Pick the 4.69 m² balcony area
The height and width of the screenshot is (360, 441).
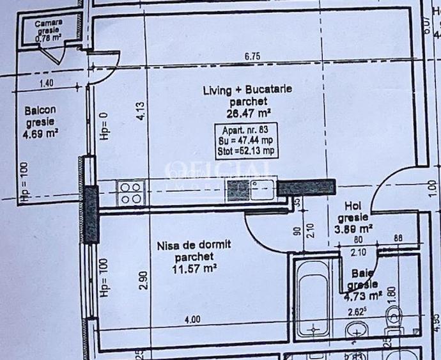click(41, 133)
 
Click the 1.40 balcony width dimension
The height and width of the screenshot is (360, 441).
click(45, 82)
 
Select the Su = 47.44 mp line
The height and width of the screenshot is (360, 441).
click(246, 141)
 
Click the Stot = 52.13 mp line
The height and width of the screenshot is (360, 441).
click(246, 151)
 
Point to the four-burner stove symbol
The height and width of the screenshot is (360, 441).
click(130, 191)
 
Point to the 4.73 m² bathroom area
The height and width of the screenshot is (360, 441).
click(364, 295)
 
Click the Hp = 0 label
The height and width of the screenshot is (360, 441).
click(106, 126)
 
